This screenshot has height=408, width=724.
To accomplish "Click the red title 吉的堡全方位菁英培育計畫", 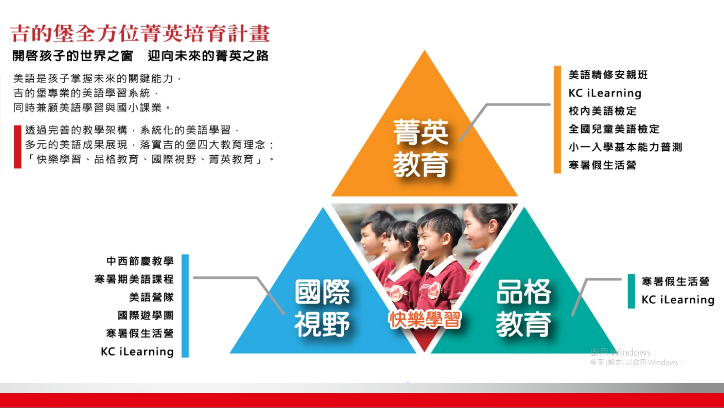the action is coord(140,33).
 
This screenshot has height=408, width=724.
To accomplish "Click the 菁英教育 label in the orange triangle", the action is coord(421,148).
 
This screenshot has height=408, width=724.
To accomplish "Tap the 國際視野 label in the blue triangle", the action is coord(322,308).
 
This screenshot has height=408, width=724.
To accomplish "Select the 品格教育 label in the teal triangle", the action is coord(523,308).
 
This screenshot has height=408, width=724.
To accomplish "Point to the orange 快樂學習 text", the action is coord(425,320).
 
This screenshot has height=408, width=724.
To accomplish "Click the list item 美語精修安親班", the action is coord(608,75).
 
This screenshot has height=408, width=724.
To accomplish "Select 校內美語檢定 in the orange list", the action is coord(602,111).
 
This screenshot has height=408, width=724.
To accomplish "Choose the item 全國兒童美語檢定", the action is coord(614,129).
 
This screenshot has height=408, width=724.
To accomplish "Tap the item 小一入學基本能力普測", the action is coord(625,147).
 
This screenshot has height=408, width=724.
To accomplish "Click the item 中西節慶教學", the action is coord(140,261).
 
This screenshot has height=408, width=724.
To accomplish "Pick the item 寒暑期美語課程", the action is coord(134,279).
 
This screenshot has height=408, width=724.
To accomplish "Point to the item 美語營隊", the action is coord(151,297).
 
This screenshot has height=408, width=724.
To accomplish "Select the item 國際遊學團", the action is coord(146,315).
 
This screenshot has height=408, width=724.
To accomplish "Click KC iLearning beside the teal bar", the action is coord(678,300).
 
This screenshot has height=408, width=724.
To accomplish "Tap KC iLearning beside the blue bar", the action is coord(137,351).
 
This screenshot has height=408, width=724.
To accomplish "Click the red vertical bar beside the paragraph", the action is coord(18,147).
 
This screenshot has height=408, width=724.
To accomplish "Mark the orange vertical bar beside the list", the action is coord(557,120).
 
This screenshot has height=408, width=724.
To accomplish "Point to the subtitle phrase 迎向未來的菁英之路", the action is coord(208,56).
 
